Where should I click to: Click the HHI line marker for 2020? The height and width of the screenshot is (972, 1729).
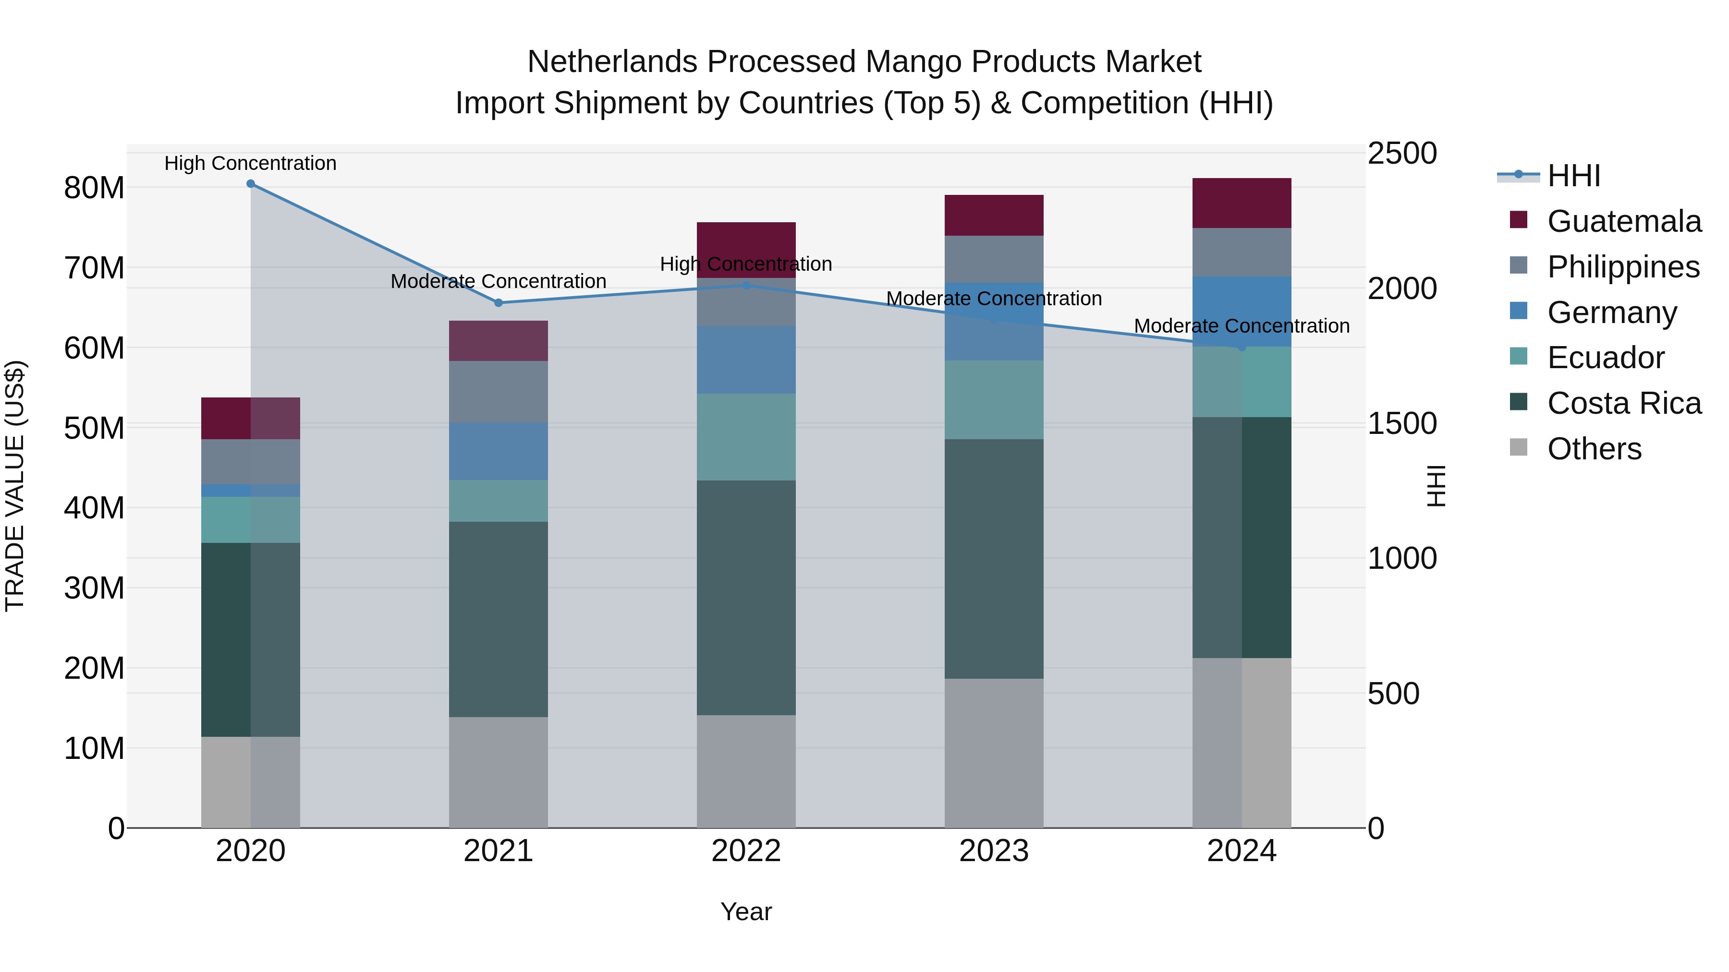250,183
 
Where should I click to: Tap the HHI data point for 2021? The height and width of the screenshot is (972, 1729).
498,302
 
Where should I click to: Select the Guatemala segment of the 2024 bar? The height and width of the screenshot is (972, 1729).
1241,203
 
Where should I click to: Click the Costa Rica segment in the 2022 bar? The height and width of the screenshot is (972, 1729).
746,597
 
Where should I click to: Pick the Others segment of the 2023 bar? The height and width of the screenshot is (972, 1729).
993,753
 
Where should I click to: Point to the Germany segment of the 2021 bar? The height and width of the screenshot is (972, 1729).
498,451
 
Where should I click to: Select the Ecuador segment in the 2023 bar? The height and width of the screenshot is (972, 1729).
993,400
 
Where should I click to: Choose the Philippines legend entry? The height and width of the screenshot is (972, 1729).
1623,267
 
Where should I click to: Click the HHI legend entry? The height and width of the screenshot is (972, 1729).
1573,176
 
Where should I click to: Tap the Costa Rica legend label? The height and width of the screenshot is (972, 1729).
1624,403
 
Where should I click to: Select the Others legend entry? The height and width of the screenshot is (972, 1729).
1594,449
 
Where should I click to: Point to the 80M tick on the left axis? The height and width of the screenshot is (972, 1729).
94,188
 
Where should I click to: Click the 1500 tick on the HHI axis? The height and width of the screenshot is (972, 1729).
1402,423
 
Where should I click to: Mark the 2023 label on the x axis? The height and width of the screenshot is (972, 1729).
993,851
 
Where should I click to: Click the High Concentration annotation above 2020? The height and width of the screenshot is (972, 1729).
250,163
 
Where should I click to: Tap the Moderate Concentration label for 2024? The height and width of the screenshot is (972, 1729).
1241,326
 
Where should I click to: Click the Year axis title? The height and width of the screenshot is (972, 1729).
746,912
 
